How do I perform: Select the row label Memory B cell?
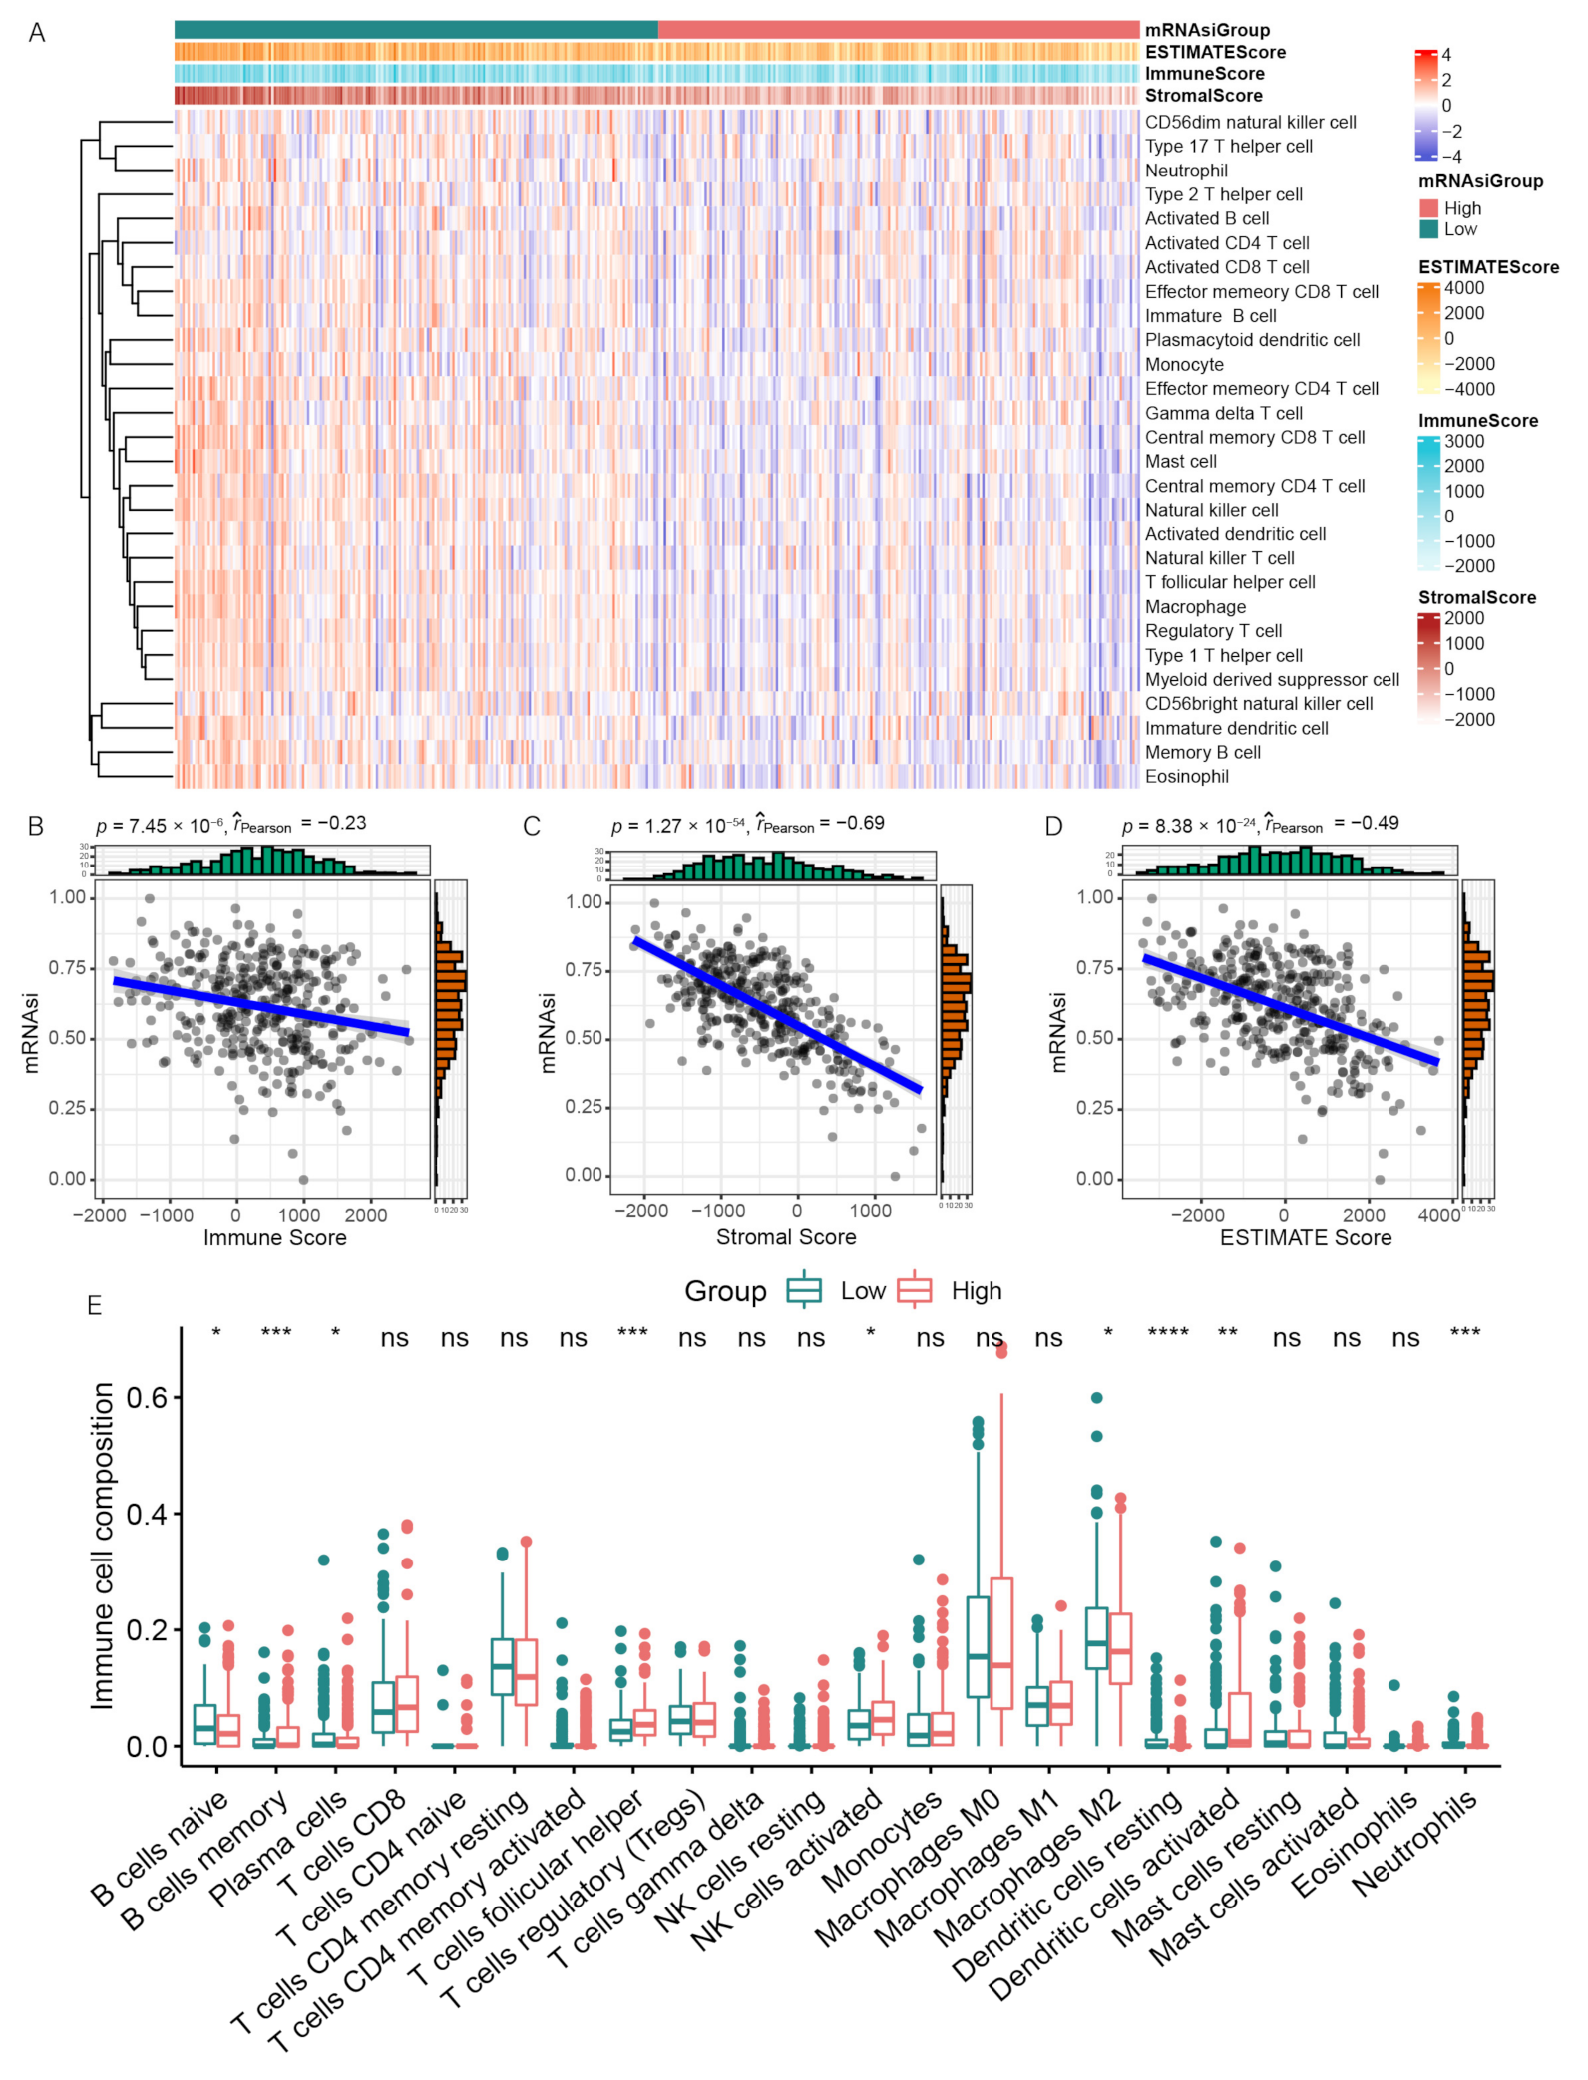click(x=1202, y=752)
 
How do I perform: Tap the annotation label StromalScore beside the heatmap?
click(x=1203, y=96)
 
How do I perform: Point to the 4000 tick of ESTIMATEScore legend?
click(x=1463, y=288)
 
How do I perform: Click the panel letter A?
click(x=37, y=33)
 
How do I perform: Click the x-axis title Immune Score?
click(x=275, y=1237)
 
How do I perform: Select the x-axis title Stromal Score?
click(x=786, y=1237)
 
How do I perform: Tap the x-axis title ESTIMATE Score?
click(x=1306, y=1237)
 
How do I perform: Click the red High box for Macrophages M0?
click(x=1001, y=1642)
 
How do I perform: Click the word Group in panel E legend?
click(x=725, y=1291)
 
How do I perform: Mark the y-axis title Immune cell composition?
click(x=103, y=1546)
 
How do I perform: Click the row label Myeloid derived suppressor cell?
click(x=1272, y=679)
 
